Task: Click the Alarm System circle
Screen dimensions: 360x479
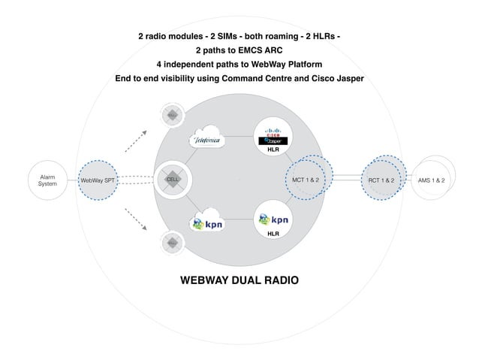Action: point(47,180)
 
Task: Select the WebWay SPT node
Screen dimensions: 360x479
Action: point(98,180)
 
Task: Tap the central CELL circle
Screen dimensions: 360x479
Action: point(174,180)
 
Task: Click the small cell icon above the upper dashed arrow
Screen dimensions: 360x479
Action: point(172,115)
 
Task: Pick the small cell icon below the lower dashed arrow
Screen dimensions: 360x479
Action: point(172,243)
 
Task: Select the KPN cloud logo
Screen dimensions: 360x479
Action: point(207,223)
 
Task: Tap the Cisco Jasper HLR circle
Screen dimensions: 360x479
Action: point(273,137)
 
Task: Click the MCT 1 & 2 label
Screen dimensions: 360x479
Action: point(305,180)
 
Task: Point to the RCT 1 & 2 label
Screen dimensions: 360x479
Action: point(381,180)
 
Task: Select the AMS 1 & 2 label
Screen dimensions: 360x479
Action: point(433,180)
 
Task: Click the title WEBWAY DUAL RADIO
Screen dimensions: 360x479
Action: point(239,280)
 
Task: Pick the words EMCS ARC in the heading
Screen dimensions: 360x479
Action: point(259,50)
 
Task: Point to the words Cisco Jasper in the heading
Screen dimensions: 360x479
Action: point(332,78)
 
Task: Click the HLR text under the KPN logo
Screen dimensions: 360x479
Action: point(273,234)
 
